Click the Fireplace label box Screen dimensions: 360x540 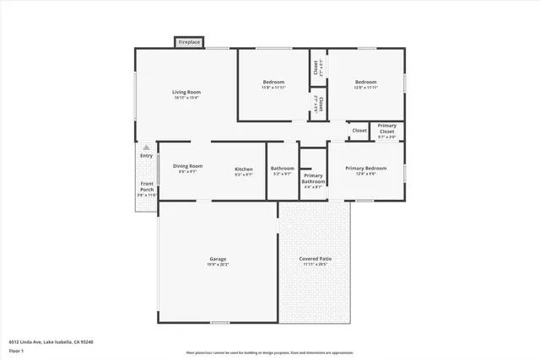tap(189, 41)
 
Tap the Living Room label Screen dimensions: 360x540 tap(186, 92)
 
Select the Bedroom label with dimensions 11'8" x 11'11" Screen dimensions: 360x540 tap(273, 82)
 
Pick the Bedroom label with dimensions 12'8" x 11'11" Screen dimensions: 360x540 tap(365, 82)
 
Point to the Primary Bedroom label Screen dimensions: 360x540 tap(365, 168)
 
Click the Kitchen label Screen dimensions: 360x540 tap(243, 169)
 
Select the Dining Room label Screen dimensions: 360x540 tap(187, 166)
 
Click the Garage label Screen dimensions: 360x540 tap(218, 259)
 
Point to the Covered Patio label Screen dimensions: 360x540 tap(316, 259)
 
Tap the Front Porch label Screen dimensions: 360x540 tap(147, 186)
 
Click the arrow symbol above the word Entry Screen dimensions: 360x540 tap(146, 148)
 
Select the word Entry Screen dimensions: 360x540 tap(146, 156)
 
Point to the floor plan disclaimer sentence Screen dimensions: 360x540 tap(270, 352)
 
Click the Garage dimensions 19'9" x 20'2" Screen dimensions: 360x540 tap(218, 265)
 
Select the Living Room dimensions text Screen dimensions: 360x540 tap(186, 98)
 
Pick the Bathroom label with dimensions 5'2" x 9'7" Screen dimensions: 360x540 tap(282, 171)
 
